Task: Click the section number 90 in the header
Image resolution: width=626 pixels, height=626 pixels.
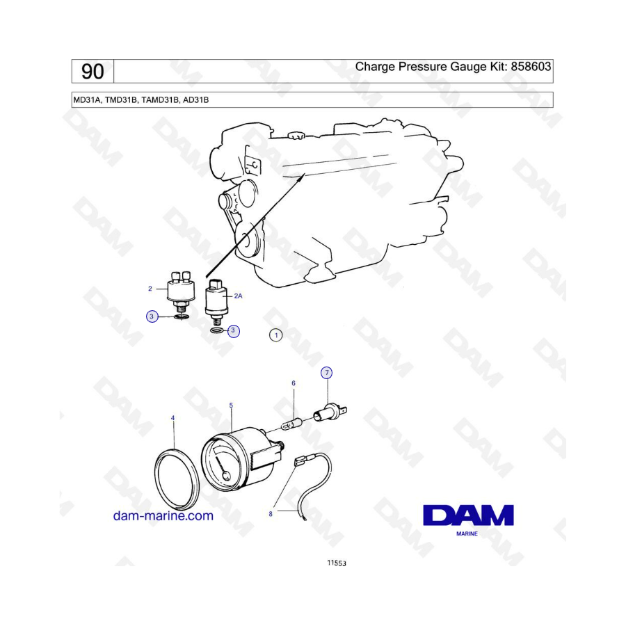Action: pyautogui.click(x=93, y=72)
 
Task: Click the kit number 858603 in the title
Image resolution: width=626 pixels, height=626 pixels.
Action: pyautogui.click(x=531, y=66)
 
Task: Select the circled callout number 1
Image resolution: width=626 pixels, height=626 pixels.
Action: pyautogui.click(x=276, y=335)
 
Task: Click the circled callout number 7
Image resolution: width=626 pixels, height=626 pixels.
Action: pyautogui.click(x=327, y=373)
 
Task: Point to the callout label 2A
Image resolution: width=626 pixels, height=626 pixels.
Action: pyautogui.click(x=238, y=296)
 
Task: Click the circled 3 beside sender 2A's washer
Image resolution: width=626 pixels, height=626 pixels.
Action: pyautogui.click(x=233, y=330)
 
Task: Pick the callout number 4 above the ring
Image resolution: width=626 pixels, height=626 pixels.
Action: pyautogui.click(x=172, y=418)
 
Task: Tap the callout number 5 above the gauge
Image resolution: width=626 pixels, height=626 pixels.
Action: pyautogui.click(x=231, y=406)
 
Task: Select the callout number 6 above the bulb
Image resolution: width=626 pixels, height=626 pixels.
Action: pyautogui.click(x=294, y=383)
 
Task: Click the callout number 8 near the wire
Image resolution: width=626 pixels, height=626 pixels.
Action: pyautogui.click(x=271, y=514)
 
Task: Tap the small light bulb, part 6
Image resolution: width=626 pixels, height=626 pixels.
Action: pyautogui.click(x=294, y=423)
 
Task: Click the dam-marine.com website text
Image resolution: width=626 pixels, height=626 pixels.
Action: pyautogui.click(x=163, y=515)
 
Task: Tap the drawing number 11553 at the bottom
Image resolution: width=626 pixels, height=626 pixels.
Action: pyautogui.click(x=337, y=563)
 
